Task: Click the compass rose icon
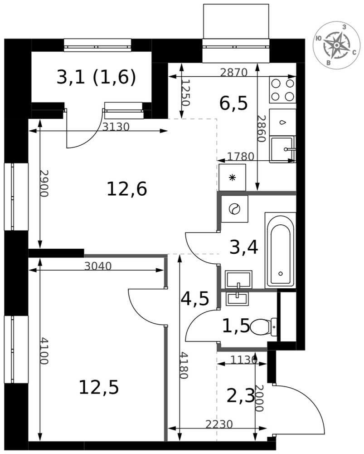tap(336, 45)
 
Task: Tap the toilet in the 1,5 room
tap(263, 327)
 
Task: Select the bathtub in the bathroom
tap(280, 250)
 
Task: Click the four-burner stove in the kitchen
tap(282, 89)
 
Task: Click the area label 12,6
tap(127, 189)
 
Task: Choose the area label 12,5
tap(99, 387)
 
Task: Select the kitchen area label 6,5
tap(233, 103)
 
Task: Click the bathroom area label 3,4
tap(244, 247)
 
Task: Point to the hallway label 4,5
tap(194, 299)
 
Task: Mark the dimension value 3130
tap(116, 127)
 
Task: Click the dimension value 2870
tap(234, 72)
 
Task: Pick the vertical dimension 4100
tap(44, 350)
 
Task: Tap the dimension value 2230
tap(219, 424)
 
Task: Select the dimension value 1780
tap(241, 157)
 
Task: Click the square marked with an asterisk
tap(233, 178)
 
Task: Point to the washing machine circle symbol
tap(233, 209)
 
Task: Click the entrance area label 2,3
tap(241, 396)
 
